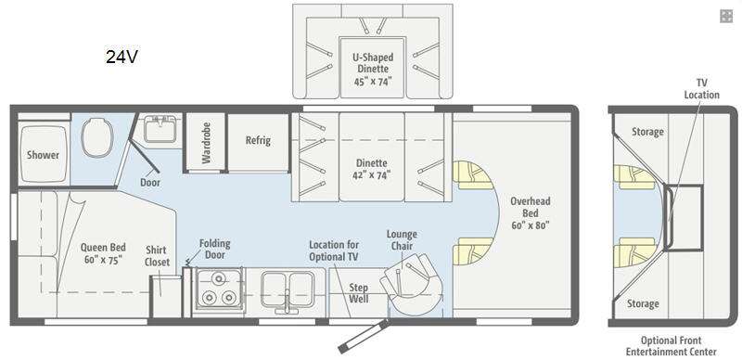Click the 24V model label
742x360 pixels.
click(x=122, y=57)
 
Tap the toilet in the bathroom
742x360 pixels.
click(x=97, y=136)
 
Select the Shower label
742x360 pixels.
click(x=43, y=155)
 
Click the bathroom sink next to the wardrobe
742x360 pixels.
click(x=160, y=128)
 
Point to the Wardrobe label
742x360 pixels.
click(x=206, y=143)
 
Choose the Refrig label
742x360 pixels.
click(x=258, y=140)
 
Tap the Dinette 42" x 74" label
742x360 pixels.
click(x=373, y=169)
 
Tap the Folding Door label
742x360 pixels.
click(x=214, y=249)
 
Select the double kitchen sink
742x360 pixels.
click(x=286, y=286)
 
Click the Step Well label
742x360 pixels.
click(x=359, y=293)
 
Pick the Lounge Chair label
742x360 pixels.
click(x=402, y=239)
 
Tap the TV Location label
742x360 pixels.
click(x=701, y=88)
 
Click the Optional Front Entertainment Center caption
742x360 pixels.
click(x=671, y=346)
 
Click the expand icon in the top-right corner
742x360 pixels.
click(x=726, y=16)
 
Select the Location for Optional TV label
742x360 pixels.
click(x=334, y=251)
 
